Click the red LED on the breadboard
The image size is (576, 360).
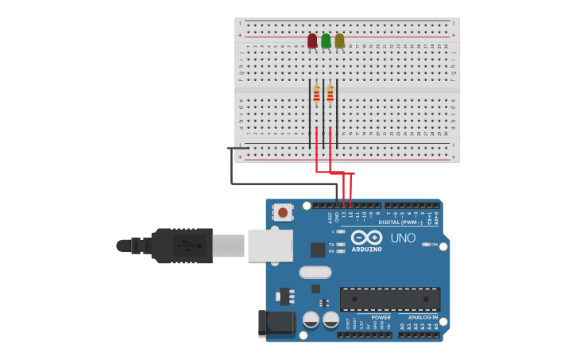(x=312, y=41)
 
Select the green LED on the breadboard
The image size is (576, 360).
(x=326, y=41)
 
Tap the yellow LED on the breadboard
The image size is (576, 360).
(x=339, y=41)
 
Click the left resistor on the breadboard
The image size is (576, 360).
(x=316, y=95)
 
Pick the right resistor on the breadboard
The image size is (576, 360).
(x=330, y=95)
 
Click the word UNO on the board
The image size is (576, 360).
(x=403, y=238)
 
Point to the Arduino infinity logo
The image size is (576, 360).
(x=366, y=238)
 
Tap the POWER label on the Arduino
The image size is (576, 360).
(x=359, y=317)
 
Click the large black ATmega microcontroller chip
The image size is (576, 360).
(x=389, y=299)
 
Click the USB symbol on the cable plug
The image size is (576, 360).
(x=184, y=246)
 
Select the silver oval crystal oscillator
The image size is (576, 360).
(x=315, y=272)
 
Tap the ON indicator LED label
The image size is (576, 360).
(x=435, y=245)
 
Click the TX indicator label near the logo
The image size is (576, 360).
(x=332, y=245)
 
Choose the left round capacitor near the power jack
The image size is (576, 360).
(x=311, y=319)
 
